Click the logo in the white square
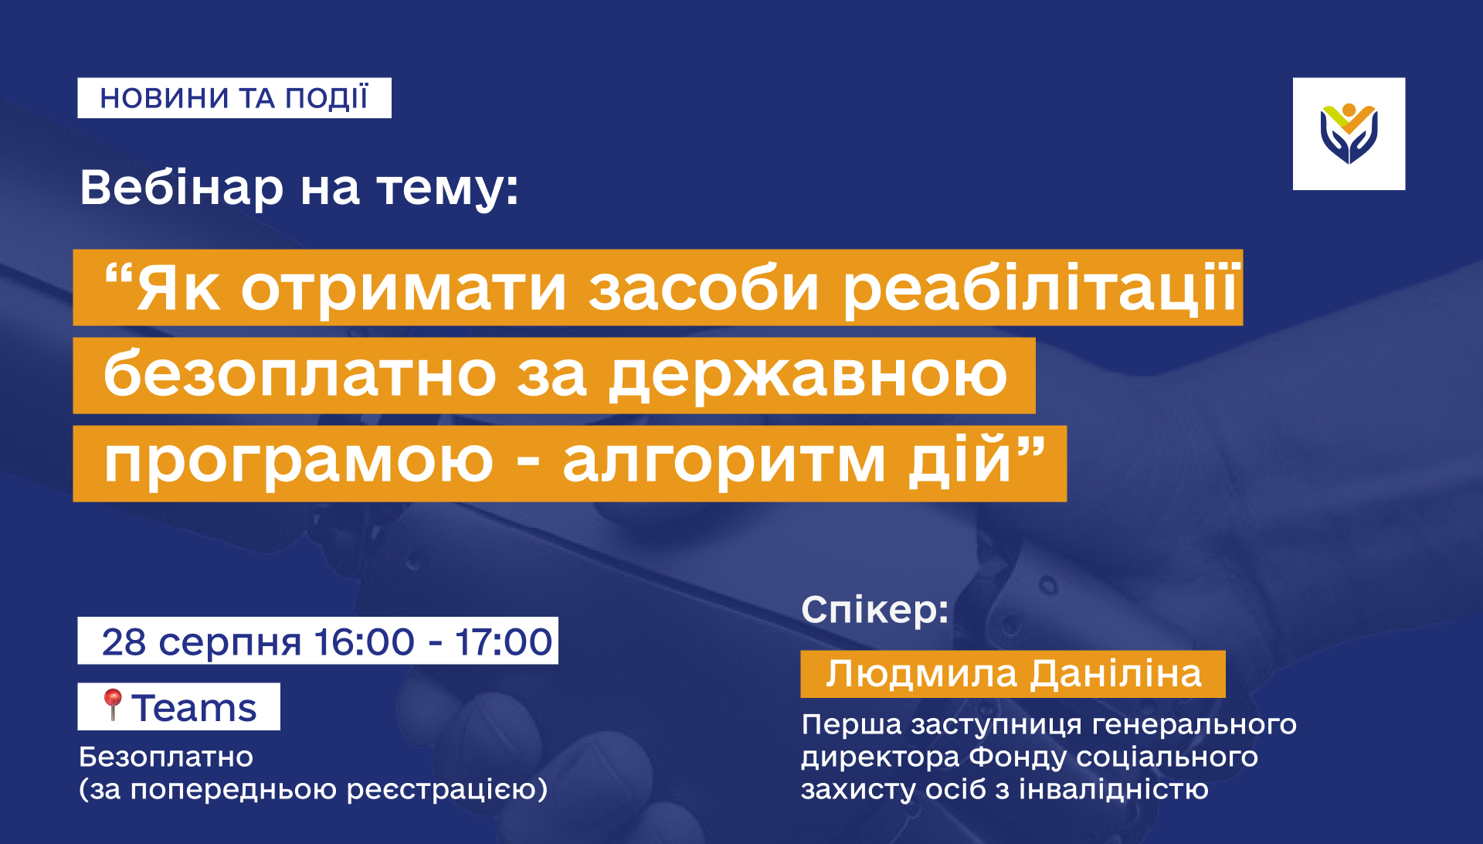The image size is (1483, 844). click(x=1349, y=133)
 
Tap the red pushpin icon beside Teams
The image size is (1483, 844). click(x=113, y=705)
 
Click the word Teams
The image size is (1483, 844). click(x=194, y=708)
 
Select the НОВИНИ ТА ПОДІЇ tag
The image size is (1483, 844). click(x=234, y=98)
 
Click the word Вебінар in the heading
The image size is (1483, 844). click(x=182, y=188)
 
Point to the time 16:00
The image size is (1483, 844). click(x=365, y=642)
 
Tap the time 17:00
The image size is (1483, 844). click(x=504, y=642)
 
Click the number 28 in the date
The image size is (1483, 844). click(x=124, y=642)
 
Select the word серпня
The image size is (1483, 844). click(x=229, y=644)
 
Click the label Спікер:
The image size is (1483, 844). click(x=875, y=611)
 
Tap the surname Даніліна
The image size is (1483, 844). click(x=1117, y=674)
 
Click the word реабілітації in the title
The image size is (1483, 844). click(x=1041, y=288)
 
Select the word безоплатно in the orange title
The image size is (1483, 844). click(x=300, y=375)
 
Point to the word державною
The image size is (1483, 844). click(x=808, y=376)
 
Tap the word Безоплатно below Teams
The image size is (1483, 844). click(x=166, y=757)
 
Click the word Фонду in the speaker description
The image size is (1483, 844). click(x=1016, y=757)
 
